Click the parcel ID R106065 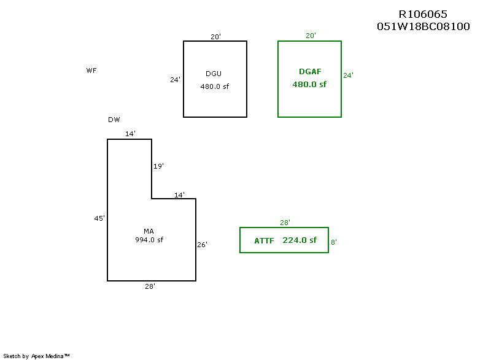[423, 15]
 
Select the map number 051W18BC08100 [423, 27]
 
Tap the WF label [91, 71]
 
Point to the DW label [114, 120]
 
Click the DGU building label [214, 74]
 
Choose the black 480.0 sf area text [214, 86]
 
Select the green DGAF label [310, 72]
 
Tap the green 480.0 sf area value [309, 84]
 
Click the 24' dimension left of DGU [176, 79]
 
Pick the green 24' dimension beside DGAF [348, 75]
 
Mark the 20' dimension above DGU [215, 37]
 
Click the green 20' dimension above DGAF [311, 36]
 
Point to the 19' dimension [158, 166]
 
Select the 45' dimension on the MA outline [99, 218]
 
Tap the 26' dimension [202, 245]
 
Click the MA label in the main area [149, 231]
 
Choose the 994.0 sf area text [149, 240]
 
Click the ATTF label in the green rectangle [264, 241]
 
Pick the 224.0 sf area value [300, 240]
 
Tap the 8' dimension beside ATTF [334, 242]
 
